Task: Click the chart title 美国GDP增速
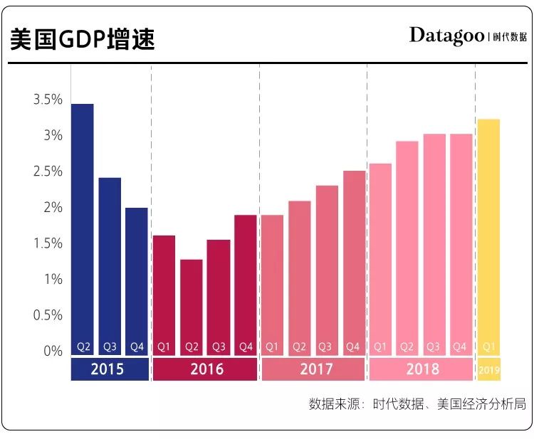click(x=82, y=39)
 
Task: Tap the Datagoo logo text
click(x=446, y=36)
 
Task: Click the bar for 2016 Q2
click(x=192, y=307)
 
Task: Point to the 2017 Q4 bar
click(x=354, y=263)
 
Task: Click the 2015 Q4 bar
click(x=137, y=281)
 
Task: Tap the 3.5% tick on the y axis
click(x=48, y=100)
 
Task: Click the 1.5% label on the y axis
click(x=48, y=243)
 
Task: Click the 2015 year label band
click(x=110, y=369)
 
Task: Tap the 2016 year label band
click(x=205, y=369)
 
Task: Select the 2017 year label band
click(x=313, y=369)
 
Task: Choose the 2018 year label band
click(x=421, y=369)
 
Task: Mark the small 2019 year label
click(x=489, y=370)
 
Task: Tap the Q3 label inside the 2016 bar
click(x=219, y=347)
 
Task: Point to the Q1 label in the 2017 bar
click(x=272, y=347)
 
